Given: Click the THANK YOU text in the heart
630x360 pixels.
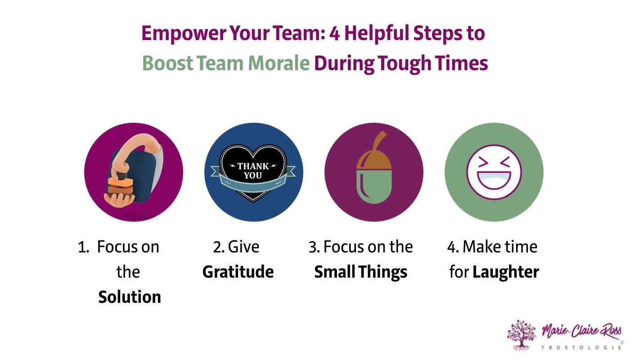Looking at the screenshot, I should pos(253,171).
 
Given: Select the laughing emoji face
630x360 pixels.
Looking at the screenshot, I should pos(494,172).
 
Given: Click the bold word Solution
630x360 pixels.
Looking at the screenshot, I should pos(130,297).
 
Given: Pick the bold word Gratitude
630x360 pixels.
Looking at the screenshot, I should pos(238,272).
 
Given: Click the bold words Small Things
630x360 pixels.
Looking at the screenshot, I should pos(360,272).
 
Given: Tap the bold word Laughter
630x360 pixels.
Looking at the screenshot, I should pos(505,272).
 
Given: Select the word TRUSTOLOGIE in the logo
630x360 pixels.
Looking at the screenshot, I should pos(580,347).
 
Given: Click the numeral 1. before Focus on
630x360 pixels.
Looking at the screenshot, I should pos(83,247).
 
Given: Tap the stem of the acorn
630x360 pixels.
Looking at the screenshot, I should pos(379,137).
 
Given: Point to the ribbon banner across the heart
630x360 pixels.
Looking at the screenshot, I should pos(216,171).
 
